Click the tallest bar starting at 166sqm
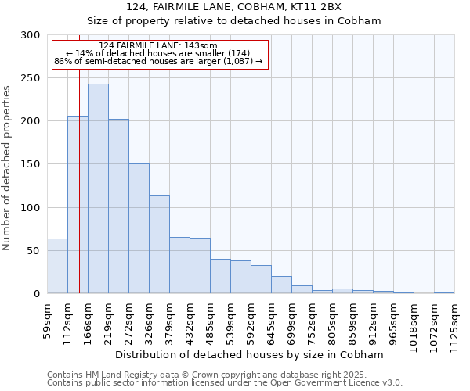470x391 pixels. [x=98, y=188]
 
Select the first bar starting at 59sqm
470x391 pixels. [x=57, y=266]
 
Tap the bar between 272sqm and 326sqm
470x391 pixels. [x=139, y=228]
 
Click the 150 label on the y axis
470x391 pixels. [x=31, y=164]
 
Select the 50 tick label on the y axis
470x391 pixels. [x=34, y=251]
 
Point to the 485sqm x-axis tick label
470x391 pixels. [x=210, y=320]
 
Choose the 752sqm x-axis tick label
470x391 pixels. [x=312, y=320]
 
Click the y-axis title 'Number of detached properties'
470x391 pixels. [x=7, y=168]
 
